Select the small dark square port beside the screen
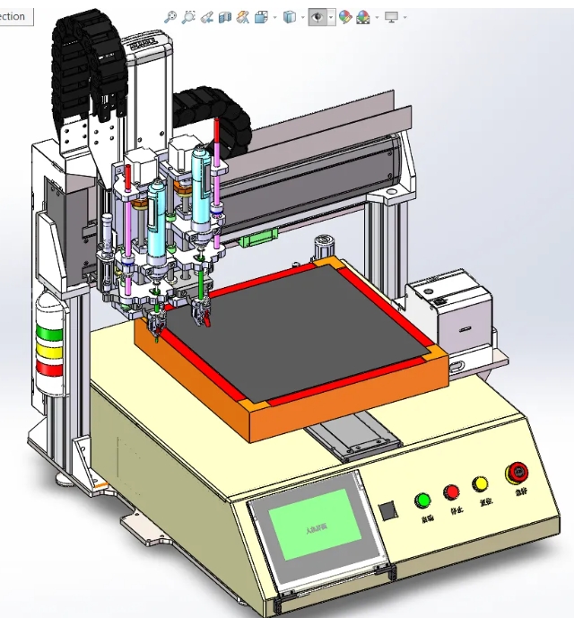coord(387,511)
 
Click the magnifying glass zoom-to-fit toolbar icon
coord(170,17)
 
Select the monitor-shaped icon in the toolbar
coord(392,17)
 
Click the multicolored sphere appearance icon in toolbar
coord(363,17)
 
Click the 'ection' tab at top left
coord(14,16)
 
